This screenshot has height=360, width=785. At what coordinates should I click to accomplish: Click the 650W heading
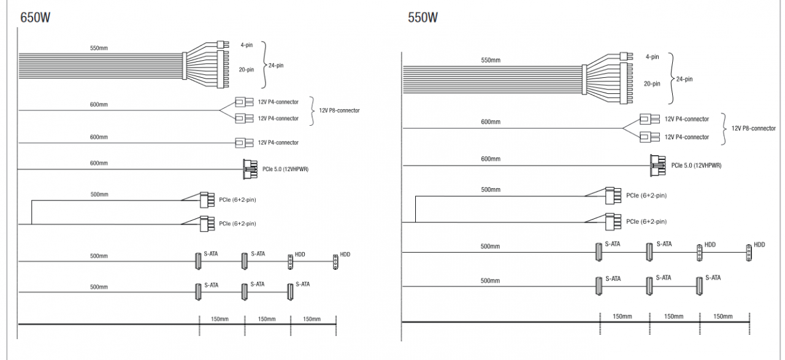tap(35, 17)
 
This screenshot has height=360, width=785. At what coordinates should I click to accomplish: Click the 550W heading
tap(423, 17)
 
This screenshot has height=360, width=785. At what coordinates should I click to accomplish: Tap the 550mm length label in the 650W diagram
tap(99, 48)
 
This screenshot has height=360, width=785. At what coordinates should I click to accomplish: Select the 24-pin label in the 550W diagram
tap(684, 79)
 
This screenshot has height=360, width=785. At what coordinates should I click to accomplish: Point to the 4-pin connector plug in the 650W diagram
tap(223, 45)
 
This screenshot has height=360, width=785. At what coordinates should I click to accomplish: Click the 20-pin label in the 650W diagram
tap(247, 70)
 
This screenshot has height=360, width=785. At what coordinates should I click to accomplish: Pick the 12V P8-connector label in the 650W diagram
tap(339, 110)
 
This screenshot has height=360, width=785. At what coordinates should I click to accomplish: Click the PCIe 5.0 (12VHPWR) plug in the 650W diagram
tap(250, 169)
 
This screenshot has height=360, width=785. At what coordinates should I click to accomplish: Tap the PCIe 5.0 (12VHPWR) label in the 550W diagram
tap(696, 166)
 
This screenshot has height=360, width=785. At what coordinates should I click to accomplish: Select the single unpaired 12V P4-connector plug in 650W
tap(244, 143)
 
